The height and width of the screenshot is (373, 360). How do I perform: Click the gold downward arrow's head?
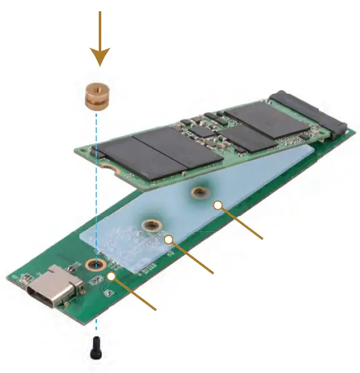pos(98,57)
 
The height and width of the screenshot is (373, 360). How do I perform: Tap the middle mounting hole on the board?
pos(150,226)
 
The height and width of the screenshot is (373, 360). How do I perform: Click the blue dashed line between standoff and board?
pos(96,187)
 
